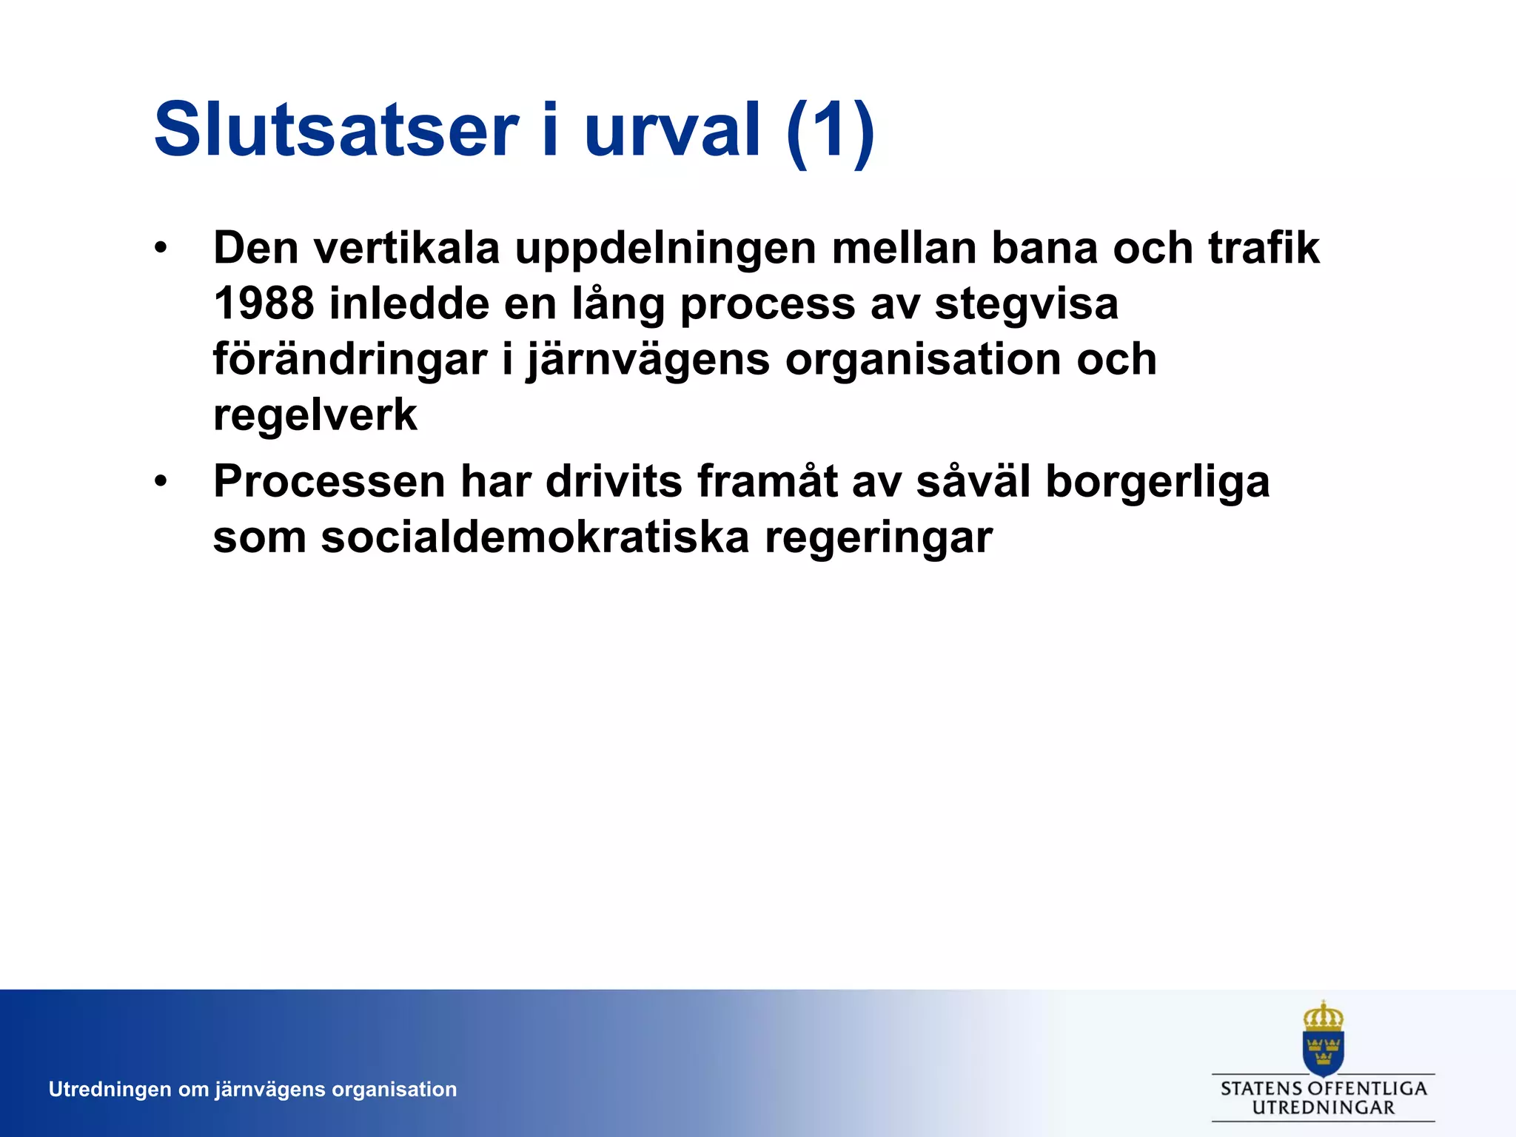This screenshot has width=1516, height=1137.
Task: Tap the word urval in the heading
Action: pyautogui.click(x=672, y=130)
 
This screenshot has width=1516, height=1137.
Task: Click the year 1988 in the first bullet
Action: pyautogui.click(x=264, y=303)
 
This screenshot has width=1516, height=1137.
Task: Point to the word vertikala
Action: pyautogui.click(x=406, y=248)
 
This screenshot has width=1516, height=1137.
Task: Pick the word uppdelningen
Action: pyautogui.click(x=665, y=249)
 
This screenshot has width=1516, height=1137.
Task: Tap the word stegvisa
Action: pyautogui.click(x=1026, y=305)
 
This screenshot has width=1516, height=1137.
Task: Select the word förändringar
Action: pyautogui.click(x=350, y=360)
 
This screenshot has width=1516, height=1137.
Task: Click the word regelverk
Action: pyautogui.click(x=315, y=416)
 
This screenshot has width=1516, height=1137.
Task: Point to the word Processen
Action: pyautogui.click(x=329, y=482)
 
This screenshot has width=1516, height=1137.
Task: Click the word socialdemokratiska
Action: pyautogui.click(x=534, y=537)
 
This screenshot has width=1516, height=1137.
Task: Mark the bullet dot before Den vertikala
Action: pyautogui.click(x=161, y=248)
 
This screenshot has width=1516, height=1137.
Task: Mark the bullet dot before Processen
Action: pyautogui.click(x=161, y=482)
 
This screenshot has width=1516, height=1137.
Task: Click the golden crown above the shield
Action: pyautogui.click(x=1323, y=1016)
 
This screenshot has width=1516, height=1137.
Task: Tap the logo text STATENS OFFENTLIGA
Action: pyautogui.click(x=1324, y=1089)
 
